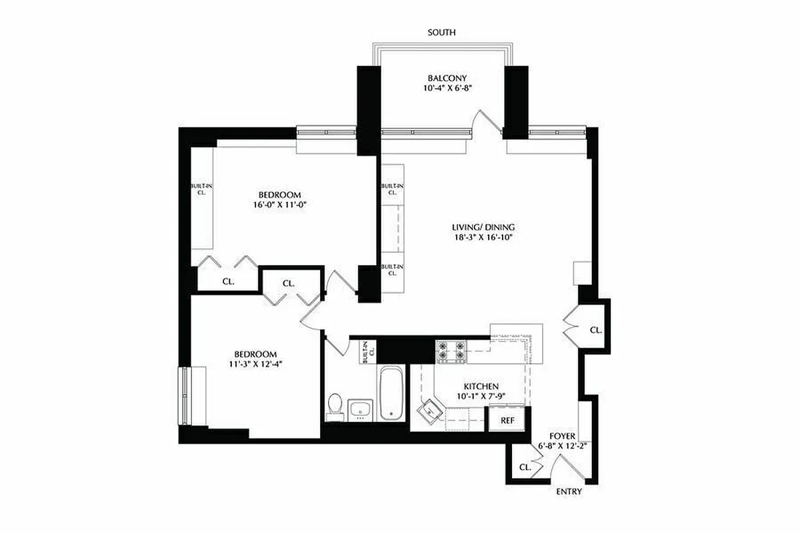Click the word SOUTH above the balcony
[442, 32]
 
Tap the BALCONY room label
[442, 78]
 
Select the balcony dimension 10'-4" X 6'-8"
[442, 89]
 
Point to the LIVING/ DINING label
[483, 227]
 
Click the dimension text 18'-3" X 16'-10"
[483, 238]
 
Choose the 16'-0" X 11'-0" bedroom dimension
[279, 206]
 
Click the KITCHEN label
[481, 386]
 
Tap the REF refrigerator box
[507, 421]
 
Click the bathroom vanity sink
[361, 410]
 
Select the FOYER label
[561, 436]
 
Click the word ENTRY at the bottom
[569, 492]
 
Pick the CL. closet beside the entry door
[525, 468]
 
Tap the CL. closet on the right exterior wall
[595, 330]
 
